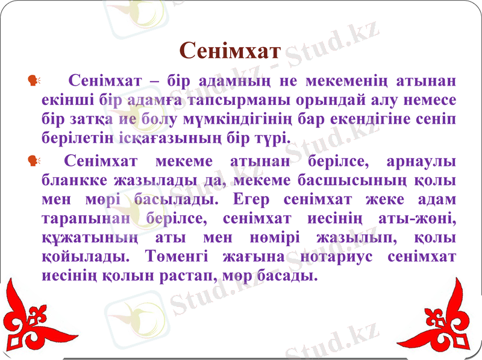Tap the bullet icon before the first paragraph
click(33, 80)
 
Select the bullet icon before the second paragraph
click(33, 160)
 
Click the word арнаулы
click(422, 161)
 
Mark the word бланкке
click(74, 180)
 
